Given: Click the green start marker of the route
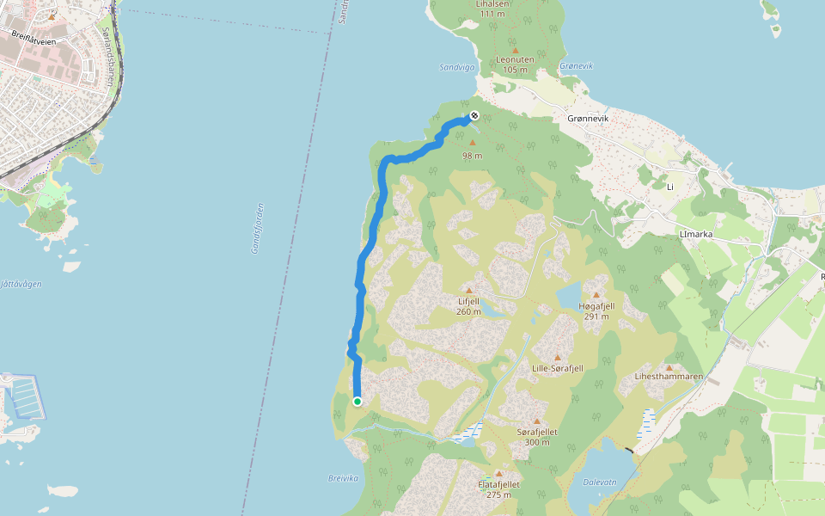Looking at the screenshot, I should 357,401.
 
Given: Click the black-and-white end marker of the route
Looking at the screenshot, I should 474,116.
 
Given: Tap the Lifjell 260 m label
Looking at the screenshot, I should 468,306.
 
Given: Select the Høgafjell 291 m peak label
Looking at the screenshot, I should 596,310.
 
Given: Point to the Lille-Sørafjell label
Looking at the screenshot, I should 557,368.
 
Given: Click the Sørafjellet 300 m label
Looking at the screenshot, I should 537,436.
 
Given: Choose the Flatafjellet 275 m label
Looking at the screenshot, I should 498,488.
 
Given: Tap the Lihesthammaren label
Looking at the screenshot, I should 669,377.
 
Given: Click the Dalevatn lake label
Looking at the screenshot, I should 599,482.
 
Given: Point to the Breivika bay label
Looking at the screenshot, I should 341,479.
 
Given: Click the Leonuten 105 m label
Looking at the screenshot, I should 515,64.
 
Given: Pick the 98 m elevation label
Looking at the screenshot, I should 472,156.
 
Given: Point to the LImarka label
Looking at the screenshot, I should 697,233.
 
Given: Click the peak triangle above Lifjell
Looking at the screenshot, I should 468,291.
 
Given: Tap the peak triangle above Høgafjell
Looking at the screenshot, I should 596,295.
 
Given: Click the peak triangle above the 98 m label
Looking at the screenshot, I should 472,143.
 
